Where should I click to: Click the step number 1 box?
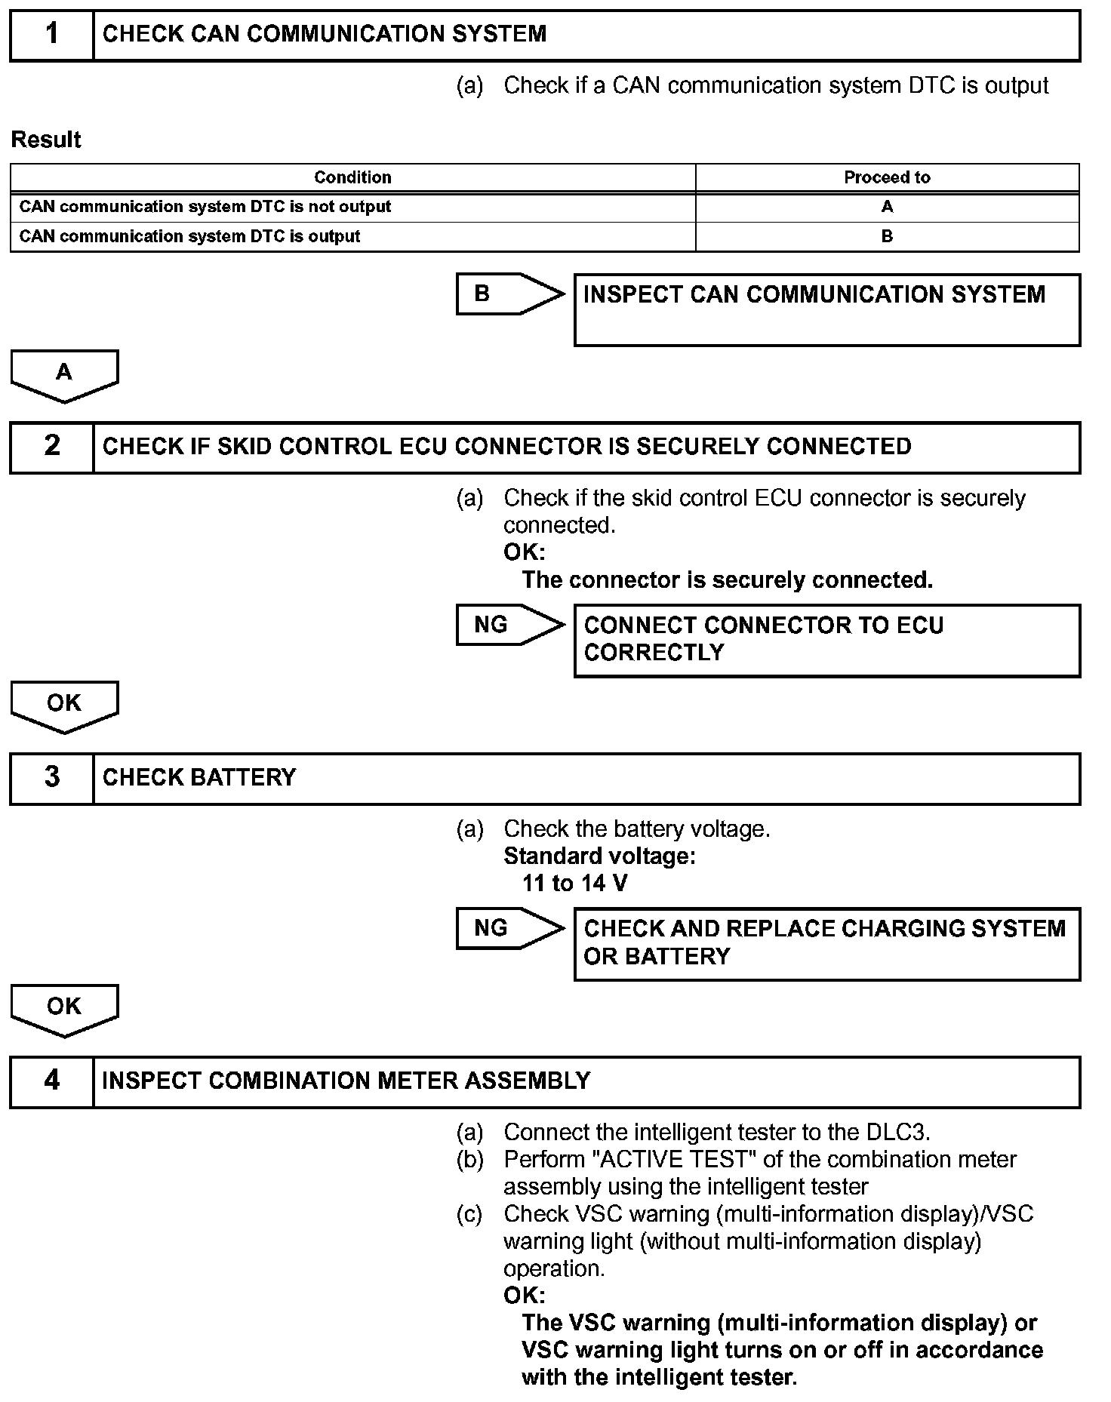pos(51,35)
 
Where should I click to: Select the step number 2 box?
pos(51,447)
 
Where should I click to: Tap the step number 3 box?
pos(51,778)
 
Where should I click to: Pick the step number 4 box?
pos(51,1081)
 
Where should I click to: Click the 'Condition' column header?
pos(352,177)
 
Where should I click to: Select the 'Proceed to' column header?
pos(887,177)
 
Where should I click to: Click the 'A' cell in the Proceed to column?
pos(887,207)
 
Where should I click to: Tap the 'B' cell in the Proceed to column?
pos(887,236)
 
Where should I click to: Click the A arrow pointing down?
pos(64,374)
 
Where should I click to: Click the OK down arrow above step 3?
pos(64,706)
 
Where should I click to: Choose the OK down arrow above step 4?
pos(64,1009)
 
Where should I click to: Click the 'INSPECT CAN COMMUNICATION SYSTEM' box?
pos(826,309)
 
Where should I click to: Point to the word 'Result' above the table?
pos(46,140)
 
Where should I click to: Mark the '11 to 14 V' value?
pos(574,883)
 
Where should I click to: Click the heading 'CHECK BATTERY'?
pos(199,778)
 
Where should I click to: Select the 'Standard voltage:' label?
pos(599,856)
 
